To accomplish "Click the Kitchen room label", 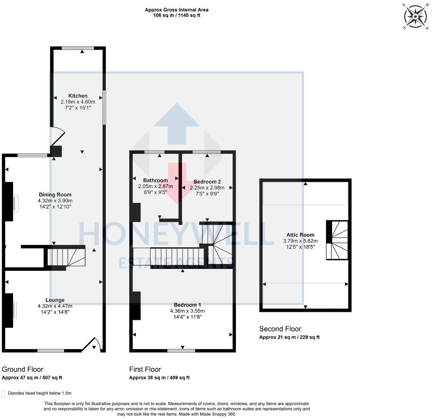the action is pyautogui.click(x=78, y=96).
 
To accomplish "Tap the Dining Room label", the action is pyautogui.click(x=55, y=194).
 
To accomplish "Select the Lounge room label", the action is pyautogui.click(x=55, y=300).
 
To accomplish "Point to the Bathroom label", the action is pyautogui.click(x=155, y=180).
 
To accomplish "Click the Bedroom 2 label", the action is pyautogui.click(x=207, y=182).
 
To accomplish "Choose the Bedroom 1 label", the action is pyautogui.click(x=187, y=305).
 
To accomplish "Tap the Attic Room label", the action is pyautogui.click(x=300, y=235).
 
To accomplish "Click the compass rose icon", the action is pyautogui.click(x=415, y=16).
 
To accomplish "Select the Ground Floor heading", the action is pyautogui.click(x=22, y=369).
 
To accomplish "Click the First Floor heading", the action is pyautogui.click(x=145, y=369).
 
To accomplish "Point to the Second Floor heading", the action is pyautogui.click(x=280, y=329).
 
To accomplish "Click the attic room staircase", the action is pyautogui.click(x=337, y=240).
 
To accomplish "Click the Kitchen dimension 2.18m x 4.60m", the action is pyautogui.click(x=78, y=102).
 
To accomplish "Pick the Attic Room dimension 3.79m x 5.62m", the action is pyautogui.click(x=300, y=241).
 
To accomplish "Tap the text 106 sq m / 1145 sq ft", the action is pyautogui.click(x=177, y=16).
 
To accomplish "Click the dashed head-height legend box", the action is pyautogui.click(x=3, y=394).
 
